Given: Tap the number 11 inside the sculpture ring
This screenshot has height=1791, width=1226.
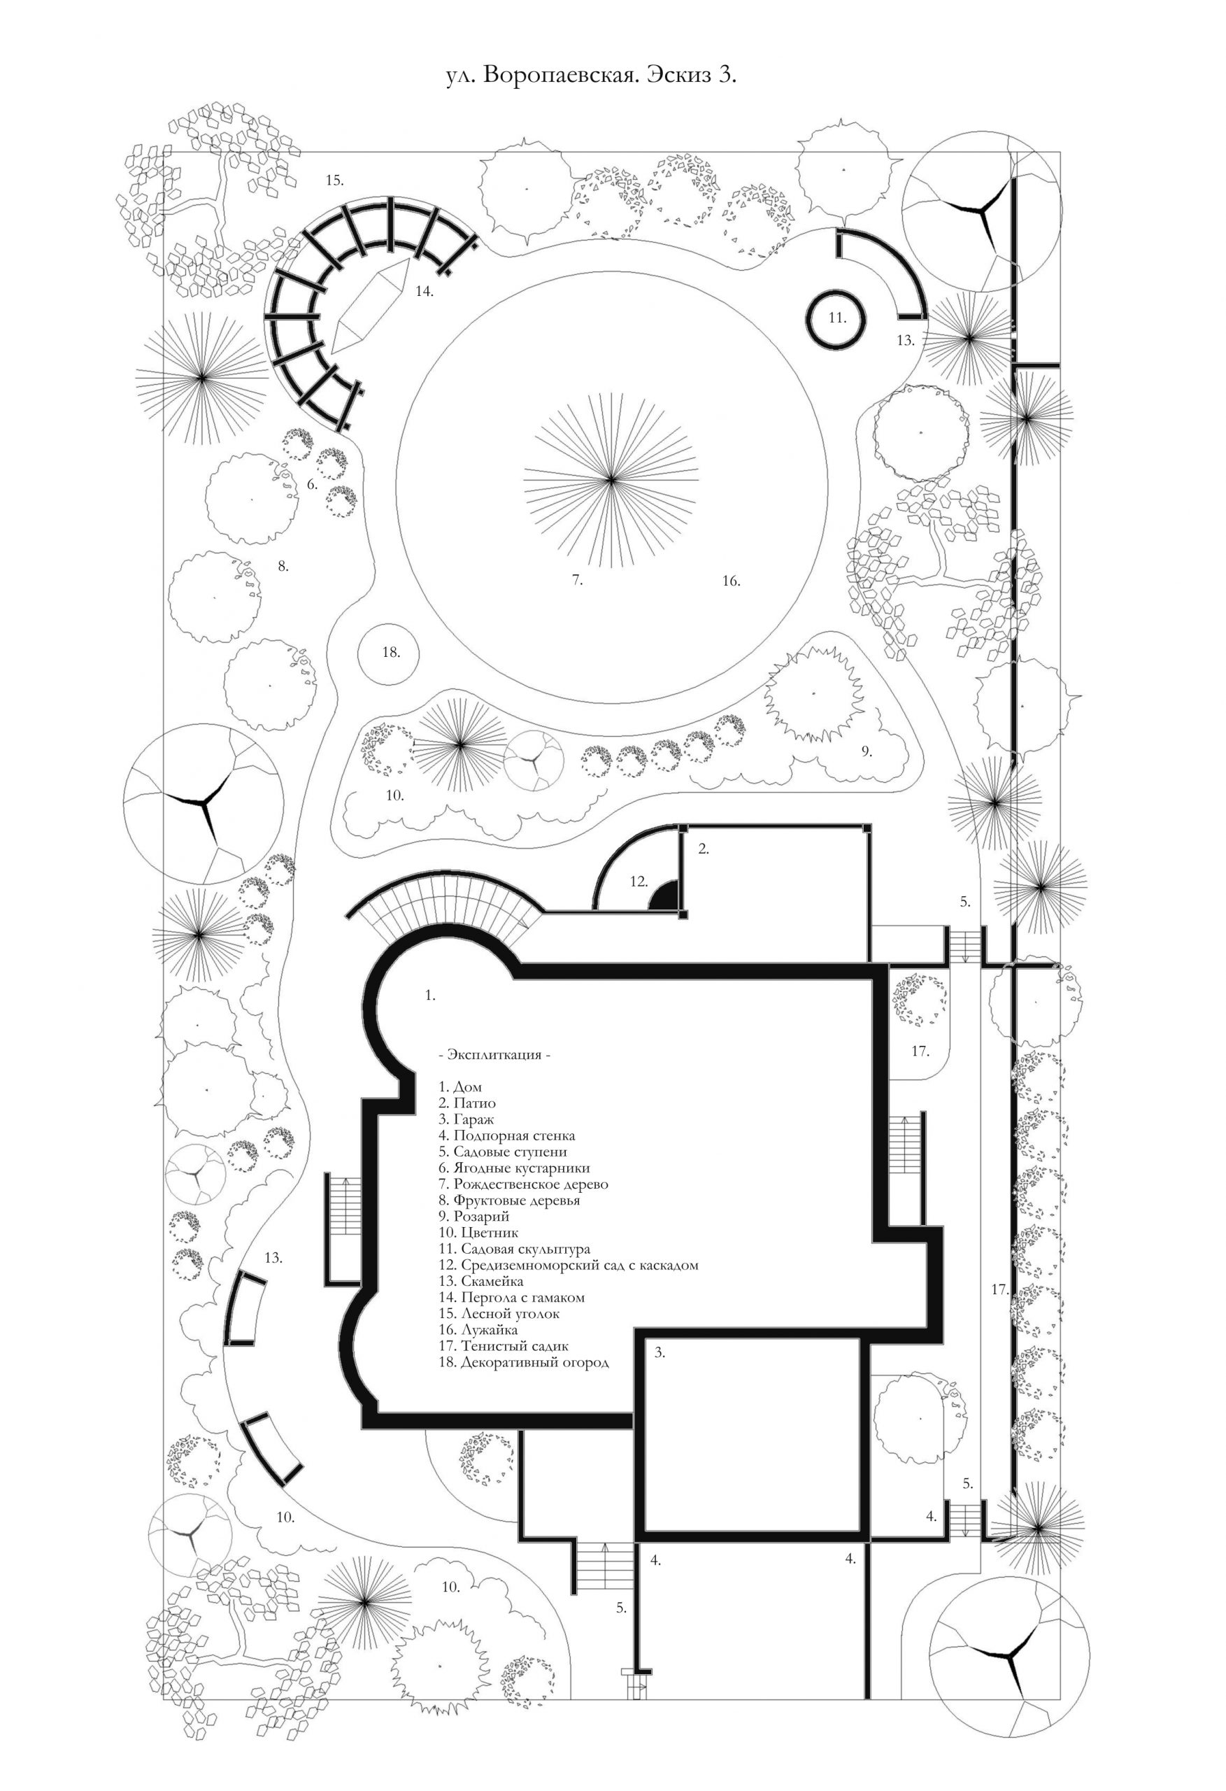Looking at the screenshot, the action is [x=838, y=318].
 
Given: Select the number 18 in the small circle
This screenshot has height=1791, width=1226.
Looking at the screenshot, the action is [x=391, y=652].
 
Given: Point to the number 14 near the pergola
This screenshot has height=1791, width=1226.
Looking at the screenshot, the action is [x=424, y=291].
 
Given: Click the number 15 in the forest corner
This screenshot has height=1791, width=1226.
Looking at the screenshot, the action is [x=334, y=180].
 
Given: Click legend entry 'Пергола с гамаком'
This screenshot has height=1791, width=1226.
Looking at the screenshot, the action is [x=522, y=1297].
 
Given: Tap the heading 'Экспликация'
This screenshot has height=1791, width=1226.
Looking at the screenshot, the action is [x=494, y=1054].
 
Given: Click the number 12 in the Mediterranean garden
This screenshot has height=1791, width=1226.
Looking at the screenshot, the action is [x=638, y=881].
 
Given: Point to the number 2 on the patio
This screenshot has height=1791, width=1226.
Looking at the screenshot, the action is [x=703, y=849].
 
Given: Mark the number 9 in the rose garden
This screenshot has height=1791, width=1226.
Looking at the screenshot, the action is [x=866, y=751].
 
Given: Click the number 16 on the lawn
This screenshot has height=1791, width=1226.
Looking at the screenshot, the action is [x=731, y=581].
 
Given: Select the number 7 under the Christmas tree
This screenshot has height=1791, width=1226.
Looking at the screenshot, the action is [x=577, y=580].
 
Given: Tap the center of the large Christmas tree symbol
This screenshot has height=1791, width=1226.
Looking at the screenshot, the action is [x=611, y=480].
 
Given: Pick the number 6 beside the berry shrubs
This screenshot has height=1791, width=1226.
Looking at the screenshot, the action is [x=312, y=485].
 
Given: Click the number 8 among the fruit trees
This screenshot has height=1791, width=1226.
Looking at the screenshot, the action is [x=283, y=567].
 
